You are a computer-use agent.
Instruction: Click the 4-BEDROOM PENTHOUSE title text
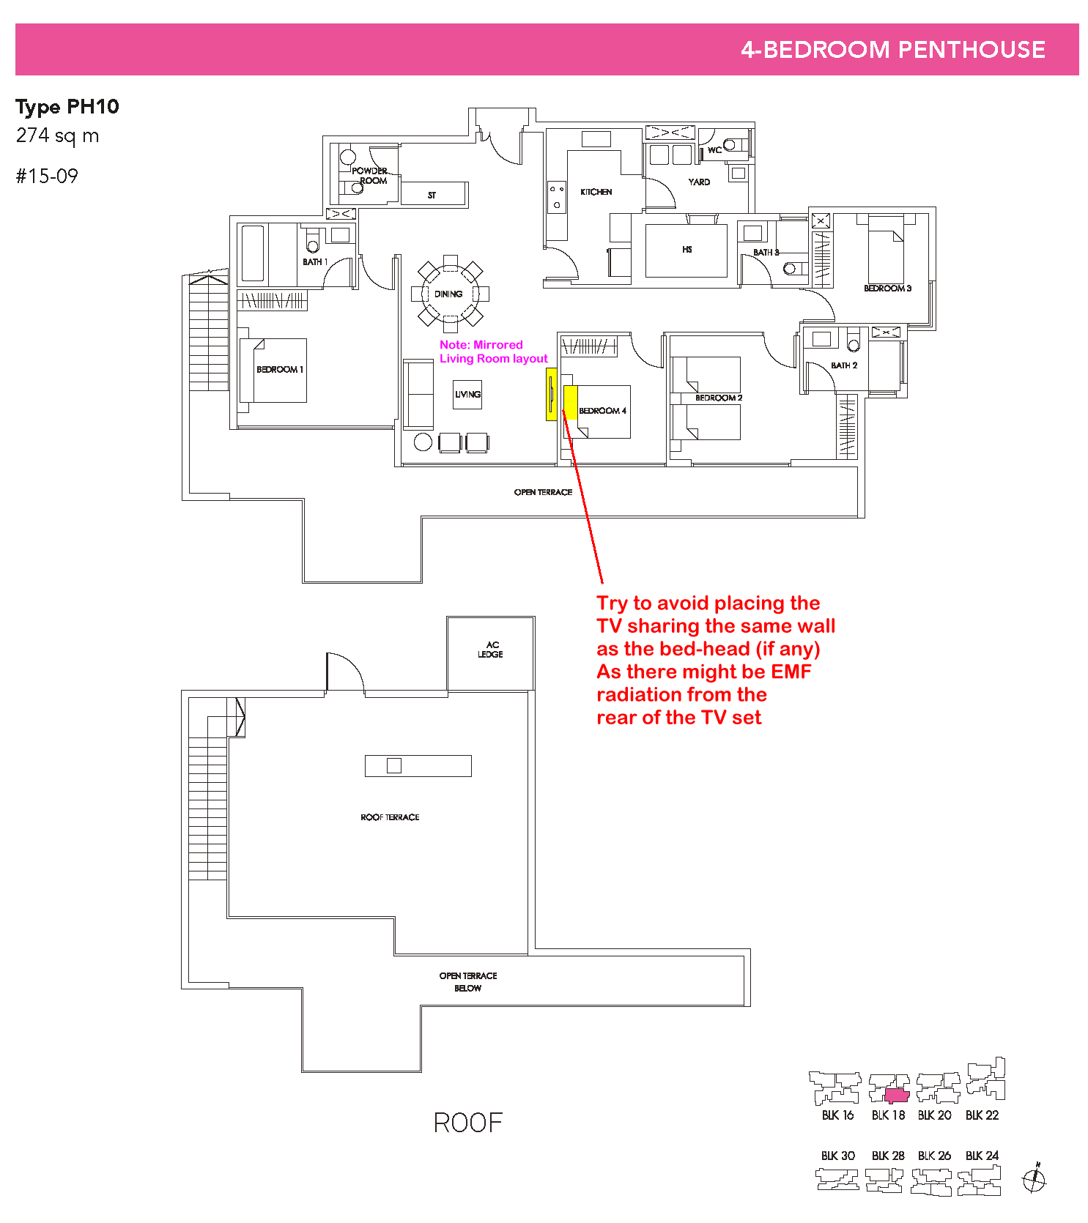[x=892, y=49]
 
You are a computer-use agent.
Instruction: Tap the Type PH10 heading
[x=67, y=107]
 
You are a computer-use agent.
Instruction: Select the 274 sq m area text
[x=57, y=136]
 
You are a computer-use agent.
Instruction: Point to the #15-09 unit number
[x=47, y=176]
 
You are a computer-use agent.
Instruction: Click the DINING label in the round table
[x=448, y=294]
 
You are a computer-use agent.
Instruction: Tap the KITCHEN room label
[x=596, y=192]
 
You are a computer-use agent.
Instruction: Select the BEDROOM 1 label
[x=280, y=370]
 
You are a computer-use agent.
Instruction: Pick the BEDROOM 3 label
[x=887, y=289]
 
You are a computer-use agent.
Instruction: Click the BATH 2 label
[x=844, y=365]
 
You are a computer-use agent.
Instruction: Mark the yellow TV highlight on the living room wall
[x=551, y=394]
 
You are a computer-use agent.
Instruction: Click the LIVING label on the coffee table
[x=467, y=394]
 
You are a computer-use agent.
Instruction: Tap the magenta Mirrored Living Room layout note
[x=494, y=352]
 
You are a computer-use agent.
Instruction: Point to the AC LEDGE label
[x=491, y=650]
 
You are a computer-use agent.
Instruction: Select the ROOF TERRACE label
[x=390, y=817]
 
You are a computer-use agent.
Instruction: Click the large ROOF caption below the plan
[x=468, y=1123]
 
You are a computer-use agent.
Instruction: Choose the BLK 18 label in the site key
[x=888, y=1115]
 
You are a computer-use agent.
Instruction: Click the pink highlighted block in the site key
[x=897, y=1096]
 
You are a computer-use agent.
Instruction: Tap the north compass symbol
[x=1035, y=1179]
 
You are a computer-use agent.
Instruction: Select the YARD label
[x=699, y=182]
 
